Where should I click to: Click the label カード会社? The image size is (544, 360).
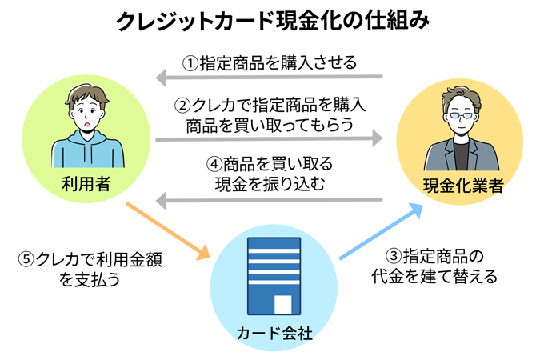pyautogui.click(x=274, y=331)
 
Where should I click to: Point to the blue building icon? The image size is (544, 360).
pyautogui.click(x=274, y=275)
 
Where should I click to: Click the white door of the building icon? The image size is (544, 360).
pyautogui.click(x=283, y=304)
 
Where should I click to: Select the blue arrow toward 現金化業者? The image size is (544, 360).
pyautogui.click(x=381, y=231)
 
